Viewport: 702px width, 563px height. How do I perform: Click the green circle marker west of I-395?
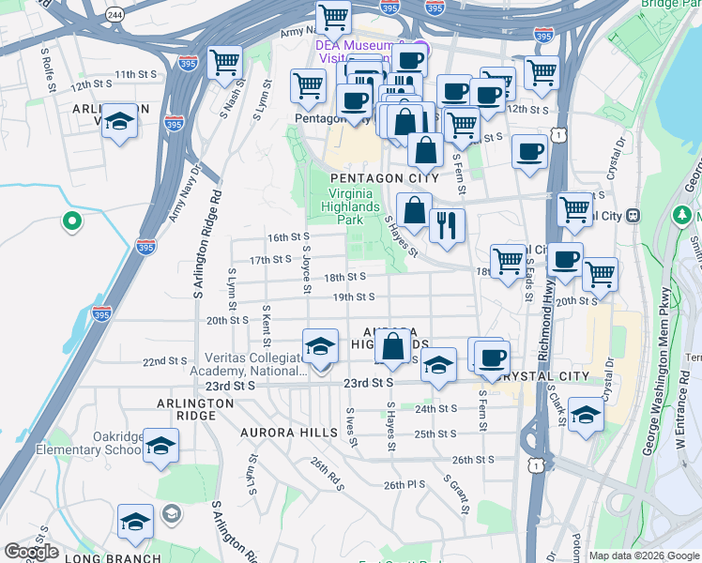[70, 222]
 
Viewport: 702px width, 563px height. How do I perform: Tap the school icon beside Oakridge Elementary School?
[160, 446]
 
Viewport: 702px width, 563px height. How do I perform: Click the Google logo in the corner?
[31, 552]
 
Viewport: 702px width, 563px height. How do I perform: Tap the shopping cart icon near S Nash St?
[224, 63]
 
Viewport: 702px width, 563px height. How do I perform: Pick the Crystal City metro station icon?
[633, 215]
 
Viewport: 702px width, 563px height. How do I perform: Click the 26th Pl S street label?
[404, 485]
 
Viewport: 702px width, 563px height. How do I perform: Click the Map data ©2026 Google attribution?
[644, 555]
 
